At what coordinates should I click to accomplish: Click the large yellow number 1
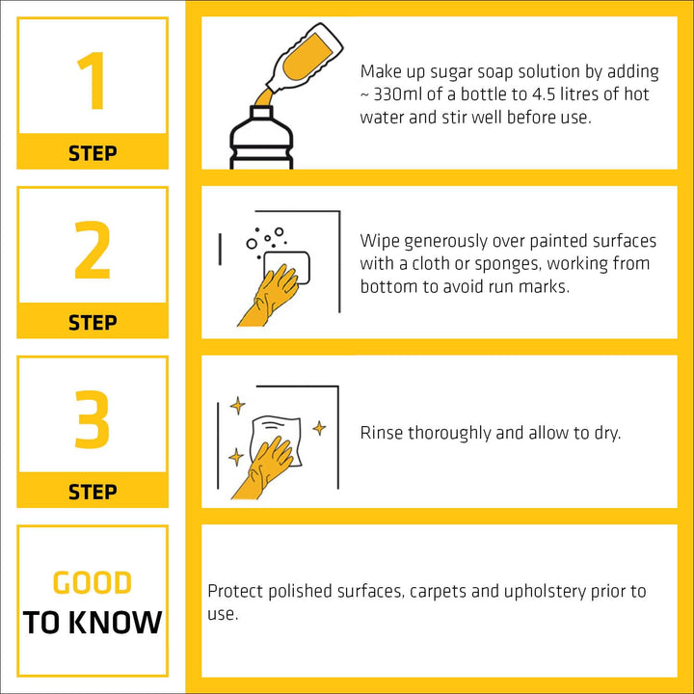click(93, 81)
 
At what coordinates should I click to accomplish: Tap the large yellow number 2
click(93, 250)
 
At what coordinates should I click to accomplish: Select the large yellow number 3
click(93, 419)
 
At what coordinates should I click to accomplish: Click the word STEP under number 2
click(93, 322)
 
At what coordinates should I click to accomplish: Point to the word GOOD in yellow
click(93, 582)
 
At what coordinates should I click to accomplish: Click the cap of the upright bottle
click(261, 112)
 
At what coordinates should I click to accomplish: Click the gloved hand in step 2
click(269, 296)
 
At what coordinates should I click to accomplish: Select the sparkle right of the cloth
click(319, 428)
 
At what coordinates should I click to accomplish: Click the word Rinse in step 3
click(381, 433)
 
